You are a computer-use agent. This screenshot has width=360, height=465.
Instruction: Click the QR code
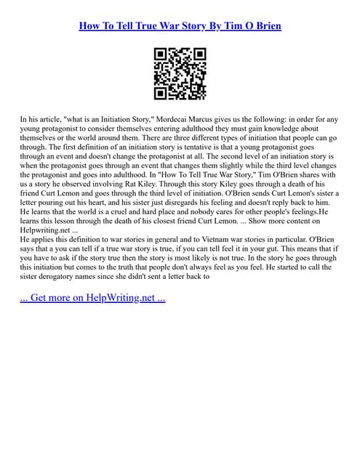[180, 73]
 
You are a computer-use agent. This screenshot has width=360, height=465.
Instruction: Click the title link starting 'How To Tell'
[180, 26]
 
